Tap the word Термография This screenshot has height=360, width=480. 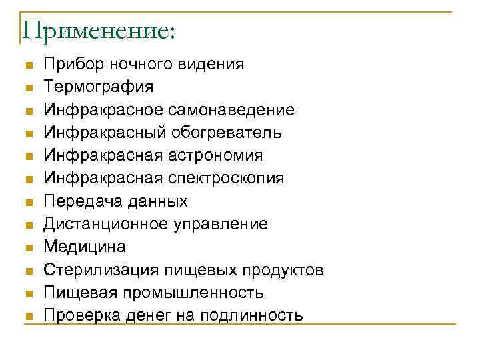98,87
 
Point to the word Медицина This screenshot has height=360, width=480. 84,247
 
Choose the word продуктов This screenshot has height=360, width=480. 283,269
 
